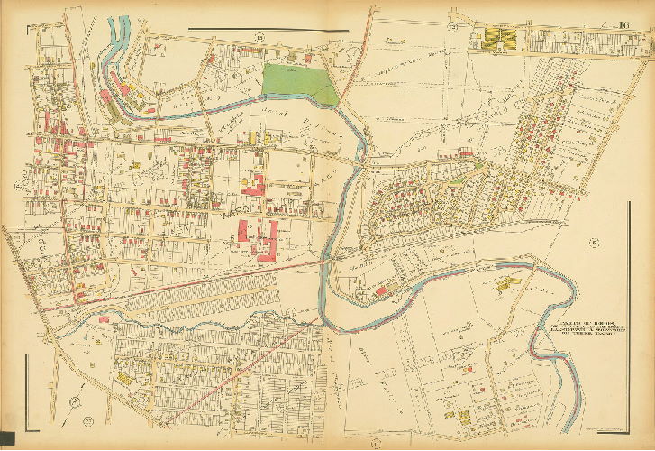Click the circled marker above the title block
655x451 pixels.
[x=594, y=242]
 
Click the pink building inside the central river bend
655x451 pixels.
[x=380, y=291]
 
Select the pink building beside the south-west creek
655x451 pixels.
[x=105, y=318]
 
